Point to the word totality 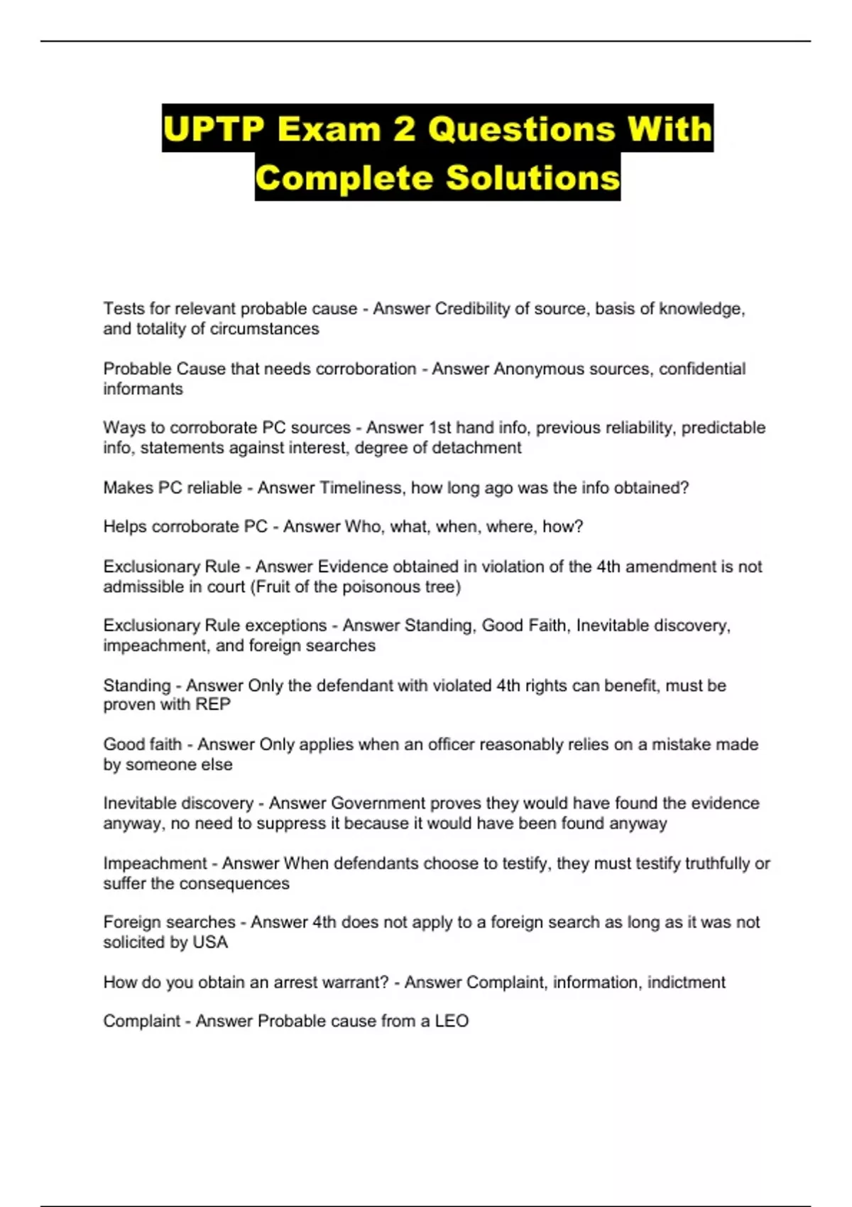(170, 329)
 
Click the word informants (143, 389)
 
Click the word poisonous (379, 586)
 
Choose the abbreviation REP (213, 704)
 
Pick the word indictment (686, 982)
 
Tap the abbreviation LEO (452, 1021)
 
